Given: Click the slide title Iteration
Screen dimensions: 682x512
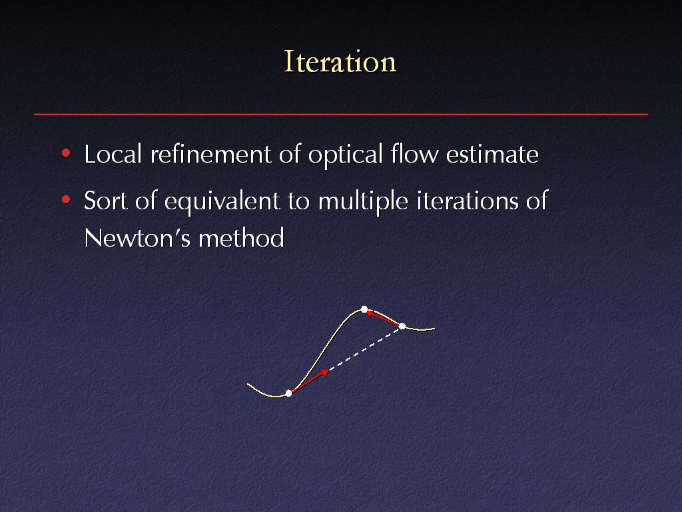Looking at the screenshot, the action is pyautogui.click(x=340, y=61).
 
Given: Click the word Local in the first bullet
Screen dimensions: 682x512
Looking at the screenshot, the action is pyautogui.click(x=113, y=154).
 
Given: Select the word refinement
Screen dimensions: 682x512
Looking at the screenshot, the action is pyautogui.click(x=210, y=154).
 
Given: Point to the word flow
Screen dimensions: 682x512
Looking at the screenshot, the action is pyautogui.click(x=414, y=154).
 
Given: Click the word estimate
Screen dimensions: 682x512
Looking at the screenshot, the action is pyautogui.click(x=492, y=155).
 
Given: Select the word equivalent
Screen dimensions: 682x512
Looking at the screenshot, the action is pyautogui.click(x=222, y=201).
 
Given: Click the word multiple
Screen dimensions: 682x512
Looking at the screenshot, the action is pyautogui.click(x=363, y=201).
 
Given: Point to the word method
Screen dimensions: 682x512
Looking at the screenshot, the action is pyautogui.click(x=241, y=238).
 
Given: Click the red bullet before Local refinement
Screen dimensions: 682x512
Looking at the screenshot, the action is pyautogui.click(x=66, y=153).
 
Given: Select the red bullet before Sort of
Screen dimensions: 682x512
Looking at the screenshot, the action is pyautogui.click(x=66, y=199).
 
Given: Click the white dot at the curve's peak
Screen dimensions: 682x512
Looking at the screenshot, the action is pyautogui.click(x=364, y=309).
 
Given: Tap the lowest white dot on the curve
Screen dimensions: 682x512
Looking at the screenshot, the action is pyautogui.click(x=288, y=393).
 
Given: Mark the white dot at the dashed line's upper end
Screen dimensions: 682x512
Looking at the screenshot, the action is pyautogui.click(x=402, y=326).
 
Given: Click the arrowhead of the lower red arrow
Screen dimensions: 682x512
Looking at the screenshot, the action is pyautogui.click(x=325, y=372).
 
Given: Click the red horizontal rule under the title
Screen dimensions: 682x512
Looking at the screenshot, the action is pyautogui.click(x=341, y=114).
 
